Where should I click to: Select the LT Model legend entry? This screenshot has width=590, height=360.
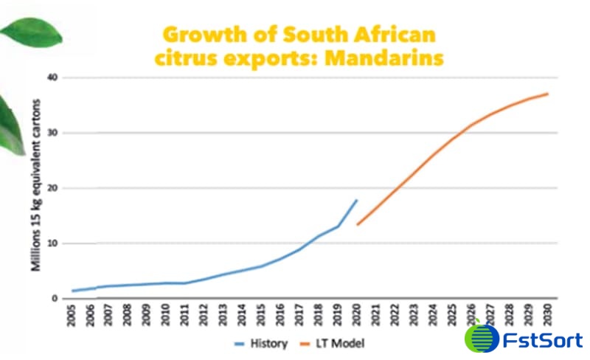point(339,342)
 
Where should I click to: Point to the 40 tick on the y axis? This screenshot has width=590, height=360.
point(52,77)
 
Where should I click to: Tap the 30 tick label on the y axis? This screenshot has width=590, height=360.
point(52,133)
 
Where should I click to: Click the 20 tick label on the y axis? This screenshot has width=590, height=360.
point(52,188)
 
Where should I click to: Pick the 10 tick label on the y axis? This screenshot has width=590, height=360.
point(52,243)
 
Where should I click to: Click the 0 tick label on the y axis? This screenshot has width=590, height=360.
point(55,299)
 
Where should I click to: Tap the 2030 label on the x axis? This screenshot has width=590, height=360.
point(546,316)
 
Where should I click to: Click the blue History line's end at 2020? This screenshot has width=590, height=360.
point(357,200)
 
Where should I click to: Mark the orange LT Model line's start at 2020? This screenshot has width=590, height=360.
point(358,224)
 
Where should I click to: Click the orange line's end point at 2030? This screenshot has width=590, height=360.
point(546,94)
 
